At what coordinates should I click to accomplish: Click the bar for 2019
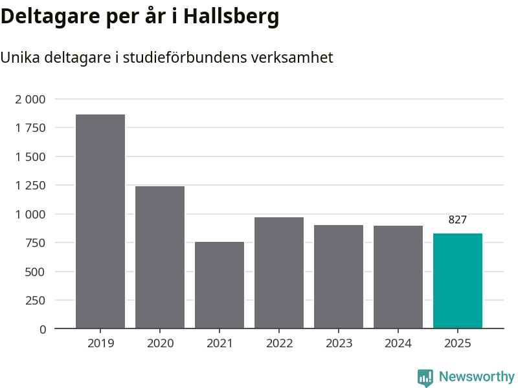(x=100, y=221)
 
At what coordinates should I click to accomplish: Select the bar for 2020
(x=160, y=257)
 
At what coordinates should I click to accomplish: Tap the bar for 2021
(x=220, y=285)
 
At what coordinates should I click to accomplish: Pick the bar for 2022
(x=279, y=273)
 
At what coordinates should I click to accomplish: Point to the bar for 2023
(x=339, y=277)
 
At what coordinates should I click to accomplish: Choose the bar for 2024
(x=398, y=277)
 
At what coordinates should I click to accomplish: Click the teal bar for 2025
(x=458, y=281)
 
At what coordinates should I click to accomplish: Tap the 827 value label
(x=458, y=220)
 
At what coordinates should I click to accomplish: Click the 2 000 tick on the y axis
(x=30, y=99)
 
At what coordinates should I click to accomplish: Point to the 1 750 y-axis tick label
(x=30, y=128)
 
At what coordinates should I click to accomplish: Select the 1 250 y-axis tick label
(x=30, y=186)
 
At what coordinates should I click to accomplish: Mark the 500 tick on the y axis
(x=35, y=272)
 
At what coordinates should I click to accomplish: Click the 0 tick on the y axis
(x=43, y=329)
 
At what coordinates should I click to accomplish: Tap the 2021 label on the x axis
(x=220, y=343)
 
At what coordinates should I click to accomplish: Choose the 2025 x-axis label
(x=458, y=343)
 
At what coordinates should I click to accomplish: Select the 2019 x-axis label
(x=100, y=343)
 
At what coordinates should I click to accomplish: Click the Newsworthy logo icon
(x=425, y=378)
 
